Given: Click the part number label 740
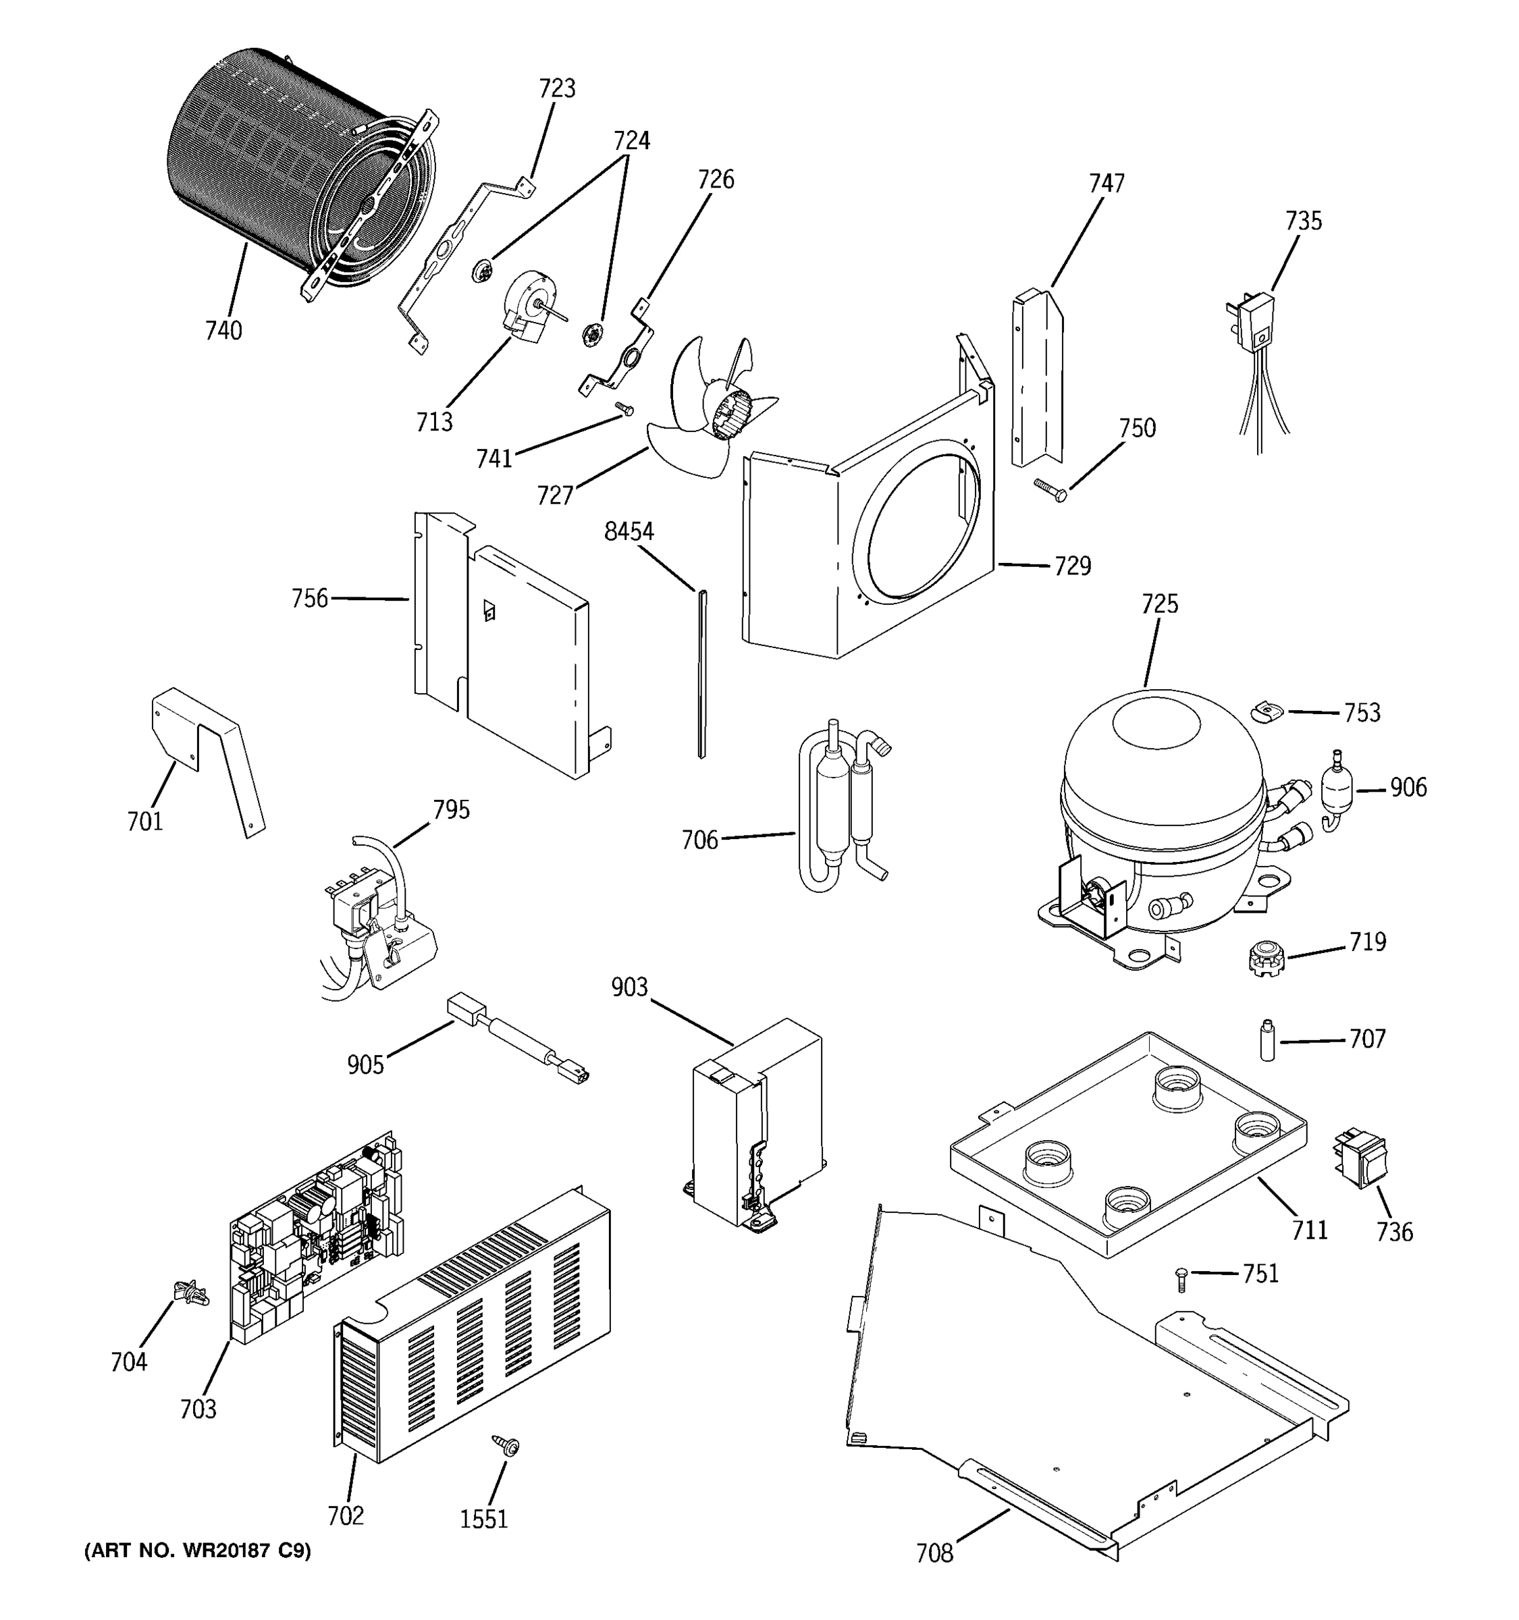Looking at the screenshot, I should point(223,331).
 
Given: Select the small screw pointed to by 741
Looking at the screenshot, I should point(625,409).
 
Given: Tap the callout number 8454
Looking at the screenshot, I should point(629,532).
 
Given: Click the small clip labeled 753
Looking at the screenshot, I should point(1267,711).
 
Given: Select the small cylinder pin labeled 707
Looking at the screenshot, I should point(1267,1039).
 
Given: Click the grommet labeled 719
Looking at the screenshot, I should point(1266,958).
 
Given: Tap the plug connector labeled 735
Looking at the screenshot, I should point(1253,322).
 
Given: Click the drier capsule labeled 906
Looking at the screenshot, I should point(1334,788).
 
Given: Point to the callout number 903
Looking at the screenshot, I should point(629,988).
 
